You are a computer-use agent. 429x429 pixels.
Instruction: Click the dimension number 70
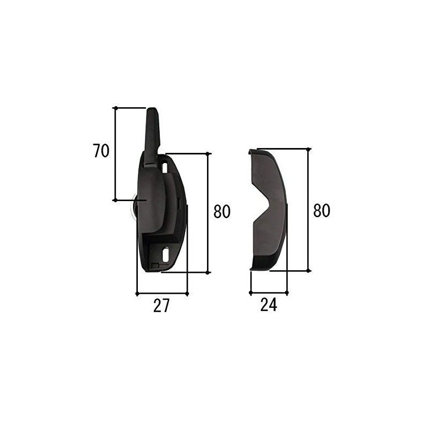click(x=101, y=151)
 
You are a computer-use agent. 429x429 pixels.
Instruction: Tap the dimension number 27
click(x=161, y=306)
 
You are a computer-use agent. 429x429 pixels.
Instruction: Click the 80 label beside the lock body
click(x=221, y=212)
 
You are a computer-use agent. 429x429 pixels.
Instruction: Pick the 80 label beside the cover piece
click(x=321, y=211)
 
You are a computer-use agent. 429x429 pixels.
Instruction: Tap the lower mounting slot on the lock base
click(x=166, y=252)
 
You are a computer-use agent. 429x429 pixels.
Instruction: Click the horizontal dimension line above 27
click(x=162, y=293)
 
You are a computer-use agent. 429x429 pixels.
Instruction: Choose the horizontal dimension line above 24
click(x=269, y=293)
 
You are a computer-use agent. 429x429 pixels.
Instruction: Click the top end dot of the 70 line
click(x=115, y=108)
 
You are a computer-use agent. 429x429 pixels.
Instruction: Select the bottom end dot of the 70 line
click(x=115, y=201)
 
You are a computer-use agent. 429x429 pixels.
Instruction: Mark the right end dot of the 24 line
click(x=287, y=293)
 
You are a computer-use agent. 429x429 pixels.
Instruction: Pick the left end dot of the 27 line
click(x=137, y=293)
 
